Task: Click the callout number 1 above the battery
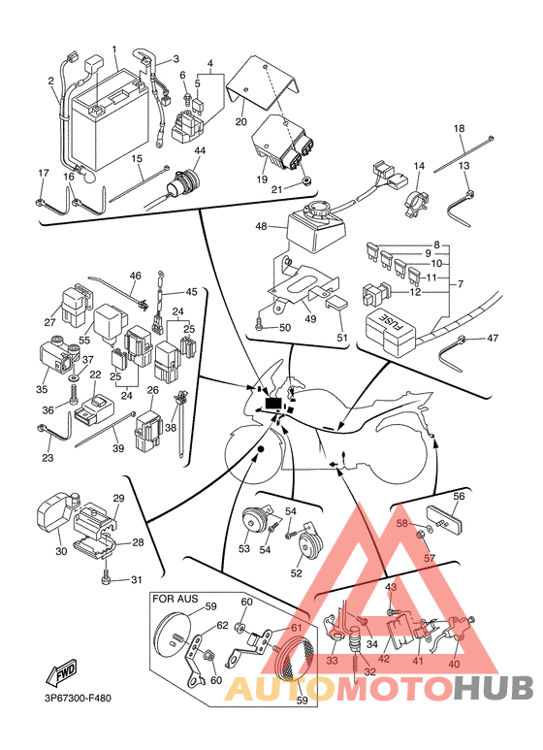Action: coord(114,49)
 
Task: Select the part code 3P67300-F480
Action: coord(75,698)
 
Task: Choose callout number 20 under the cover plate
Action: coord(241,121)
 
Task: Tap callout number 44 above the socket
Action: coord(200,150)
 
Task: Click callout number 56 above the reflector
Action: coord(459,496)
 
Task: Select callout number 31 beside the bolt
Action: coord(137,579)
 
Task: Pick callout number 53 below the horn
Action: coord(243,548)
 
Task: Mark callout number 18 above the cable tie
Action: coord(459,128)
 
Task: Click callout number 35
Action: coord(42,389)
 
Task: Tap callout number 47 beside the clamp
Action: coord(493,338)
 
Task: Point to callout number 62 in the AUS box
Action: coord(223,625)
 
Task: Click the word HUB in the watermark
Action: coord(493,687)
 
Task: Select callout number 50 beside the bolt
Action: coord(285,328)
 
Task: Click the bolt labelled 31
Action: coord(106,579)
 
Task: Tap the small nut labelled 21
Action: coord(305,180)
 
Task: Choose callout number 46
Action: coord(136,276)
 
